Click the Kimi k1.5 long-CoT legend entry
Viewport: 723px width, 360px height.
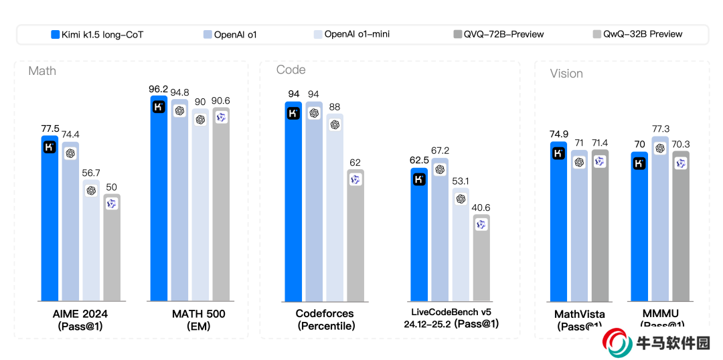click(96, 34)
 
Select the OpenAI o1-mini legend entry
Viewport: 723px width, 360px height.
click(351, 34)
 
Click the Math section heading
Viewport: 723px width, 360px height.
click(42, 71)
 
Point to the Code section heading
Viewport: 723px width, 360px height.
click(291, 70)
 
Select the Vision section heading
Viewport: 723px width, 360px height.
click(566, 74)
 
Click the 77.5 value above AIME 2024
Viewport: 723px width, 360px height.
click(50, 128)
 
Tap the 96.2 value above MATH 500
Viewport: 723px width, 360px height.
click(159, 88)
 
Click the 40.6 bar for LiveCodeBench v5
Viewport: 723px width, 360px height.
click(481, 261)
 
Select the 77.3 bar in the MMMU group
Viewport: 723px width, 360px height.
click(659, 221)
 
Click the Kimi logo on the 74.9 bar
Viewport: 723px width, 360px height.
click(558, 153)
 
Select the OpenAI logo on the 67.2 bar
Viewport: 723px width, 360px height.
click(440, 169)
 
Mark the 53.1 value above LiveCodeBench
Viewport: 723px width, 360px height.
click(461, 181)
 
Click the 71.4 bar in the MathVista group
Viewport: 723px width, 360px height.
click(600, 228)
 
